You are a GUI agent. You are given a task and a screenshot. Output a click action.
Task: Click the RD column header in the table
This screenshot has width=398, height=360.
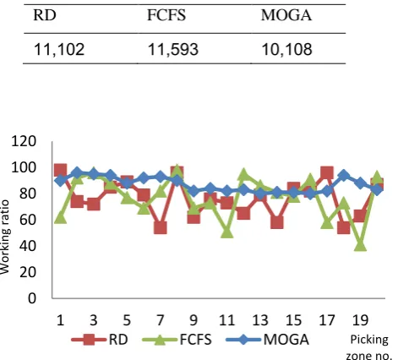click(x=45, y=15)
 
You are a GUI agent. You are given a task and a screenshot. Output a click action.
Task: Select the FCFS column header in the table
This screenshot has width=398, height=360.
click(x=166, y=15)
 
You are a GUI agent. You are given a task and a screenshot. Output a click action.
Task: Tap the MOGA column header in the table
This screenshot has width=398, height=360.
click(x=286, y=15)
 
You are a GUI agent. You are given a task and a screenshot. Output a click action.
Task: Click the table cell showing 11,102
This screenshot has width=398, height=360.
click(x=59, y=50)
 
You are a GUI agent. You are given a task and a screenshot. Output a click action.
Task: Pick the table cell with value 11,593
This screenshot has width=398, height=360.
click(x=173, y=50)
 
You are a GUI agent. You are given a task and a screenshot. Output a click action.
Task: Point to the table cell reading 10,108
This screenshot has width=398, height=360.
click(x=286, y=50)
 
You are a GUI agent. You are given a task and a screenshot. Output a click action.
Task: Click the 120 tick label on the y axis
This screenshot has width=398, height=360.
click(x=24, y=141)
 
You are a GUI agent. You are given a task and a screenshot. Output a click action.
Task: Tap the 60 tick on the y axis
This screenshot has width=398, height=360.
click(x=28, y=220)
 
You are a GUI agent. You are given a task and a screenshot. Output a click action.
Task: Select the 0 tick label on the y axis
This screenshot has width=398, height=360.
click(x=32, y=298)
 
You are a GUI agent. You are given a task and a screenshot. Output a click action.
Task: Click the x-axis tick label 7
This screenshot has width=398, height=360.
click(x=160, y=320)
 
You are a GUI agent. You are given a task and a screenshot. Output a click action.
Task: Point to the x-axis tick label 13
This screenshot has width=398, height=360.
click(x=260, y=320)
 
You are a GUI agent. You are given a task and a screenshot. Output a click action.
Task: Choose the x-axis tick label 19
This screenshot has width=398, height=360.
click(x=360, y=320)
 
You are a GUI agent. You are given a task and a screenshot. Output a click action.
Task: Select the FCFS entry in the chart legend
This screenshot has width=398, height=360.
click(x=177, y=340)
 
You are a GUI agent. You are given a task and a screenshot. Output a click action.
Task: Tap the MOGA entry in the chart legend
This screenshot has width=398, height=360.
click(x=268, y=340)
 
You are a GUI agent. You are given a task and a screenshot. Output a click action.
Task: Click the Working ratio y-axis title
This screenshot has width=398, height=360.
click(x=5, y=237)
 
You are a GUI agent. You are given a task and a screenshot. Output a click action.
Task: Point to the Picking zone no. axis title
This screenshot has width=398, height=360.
click(x=369, y=347)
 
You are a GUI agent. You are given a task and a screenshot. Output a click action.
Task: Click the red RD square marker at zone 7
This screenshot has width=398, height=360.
click(x=161, y=227)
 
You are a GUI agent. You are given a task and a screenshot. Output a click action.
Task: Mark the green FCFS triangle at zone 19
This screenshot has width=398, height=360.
click(x=360, y=245)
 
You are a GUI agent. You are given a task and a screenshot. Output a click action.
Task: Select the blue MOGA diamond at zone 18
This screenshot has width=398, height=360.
click(x=343, y=176)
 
